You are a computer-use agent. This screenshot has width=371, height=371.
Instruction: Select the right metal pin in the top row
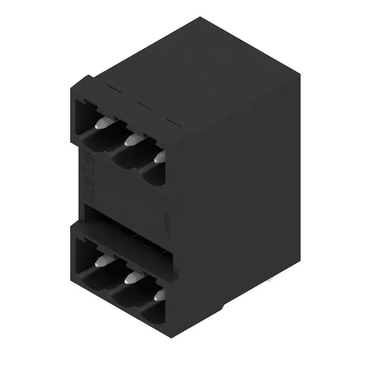click(x=160, y=156)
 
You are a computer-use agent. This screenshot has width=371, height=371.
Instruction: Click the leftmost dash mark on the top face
click(x=114, y=87)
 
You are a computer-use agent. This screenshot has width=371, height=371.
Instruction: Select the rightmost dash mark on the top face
click(x=172, y=122)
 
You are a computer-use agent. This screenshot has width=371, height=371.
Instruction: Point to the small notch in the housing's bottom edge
click(x=222, y=308)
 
